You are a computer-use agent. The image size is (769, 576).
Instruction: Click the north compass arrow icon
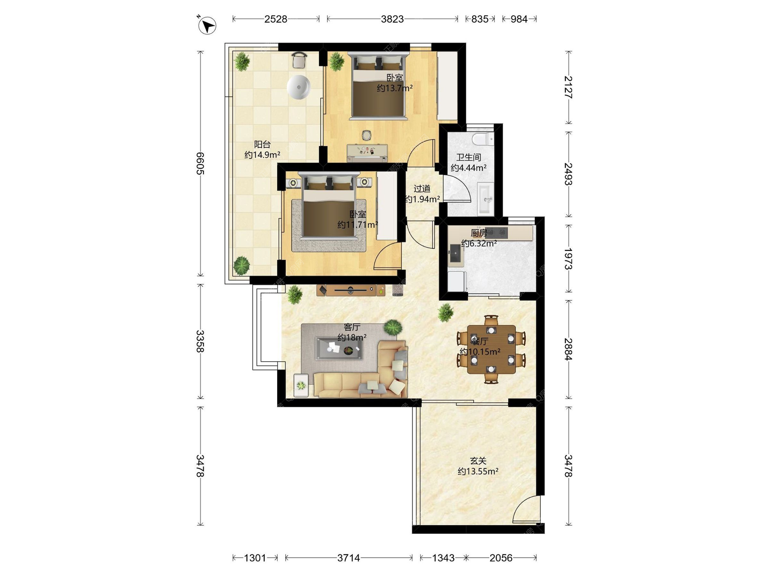(207, 25)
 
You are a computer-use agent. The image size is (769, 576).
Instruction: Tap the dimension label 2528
(276, 19)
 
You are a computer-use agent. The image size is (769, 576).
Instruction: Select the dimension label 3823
(392, 19)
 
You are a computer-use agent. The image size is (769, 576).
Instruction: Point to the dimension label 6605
(200, 164)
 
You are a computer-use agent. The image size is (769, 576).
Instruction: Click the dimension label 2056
(501, 558)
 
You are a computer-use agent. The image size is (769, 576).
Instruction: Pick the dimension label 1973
(568, 259)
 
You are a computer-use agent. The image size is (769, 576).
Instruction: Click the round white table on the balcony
(298, 87)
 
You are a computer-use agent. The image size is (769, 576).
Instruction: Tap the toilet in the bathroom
(483, 139)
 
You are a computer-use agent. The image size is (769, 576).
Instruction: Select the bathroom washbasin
(486, 199)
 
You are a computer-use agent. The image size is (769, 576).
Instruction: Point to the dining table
(491, 349)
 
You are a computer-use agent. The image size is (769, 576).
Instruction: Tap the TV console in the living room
(351, 290)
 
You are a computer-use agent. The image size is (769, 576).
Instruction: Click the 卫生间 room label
(468, 157)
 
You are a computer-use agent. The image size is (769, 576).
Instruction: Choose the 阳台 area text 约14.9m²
(262, 154)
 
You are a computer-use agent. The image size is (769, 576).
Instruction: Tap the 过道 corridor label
(422, 188)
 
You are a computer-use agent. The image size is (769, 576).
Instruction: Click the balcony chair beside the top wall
(299, 60)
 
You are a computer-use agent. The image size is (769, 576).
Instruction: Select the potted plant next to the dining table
(445, 312)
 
